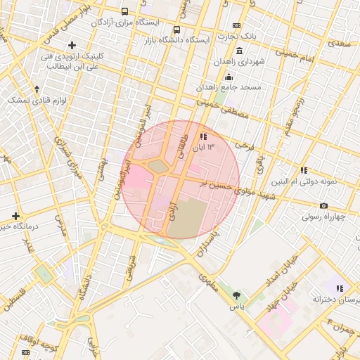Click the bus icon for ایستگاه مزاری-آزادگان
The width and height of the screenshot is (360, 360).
point(125,12)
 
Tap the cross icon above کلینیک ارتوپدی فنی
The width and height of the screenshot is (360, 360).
point(72,46)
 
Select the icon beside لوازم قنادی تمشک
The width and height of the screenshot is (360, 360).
point(37,89)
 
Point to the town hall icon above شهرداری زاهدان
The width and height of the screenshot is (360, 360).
point(240,51)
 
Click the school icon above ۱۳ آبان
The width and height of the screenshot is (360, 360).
point(203,136)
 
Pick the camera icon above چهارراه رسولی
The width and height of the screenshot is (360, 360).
point(323,205)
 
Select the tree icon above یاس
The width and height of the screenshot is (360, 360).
point(236,296)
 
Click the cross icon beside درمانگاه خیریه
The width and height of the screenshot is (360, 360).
point(15,215)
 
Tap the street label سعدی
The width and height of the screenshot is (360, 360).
point(340,43)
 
